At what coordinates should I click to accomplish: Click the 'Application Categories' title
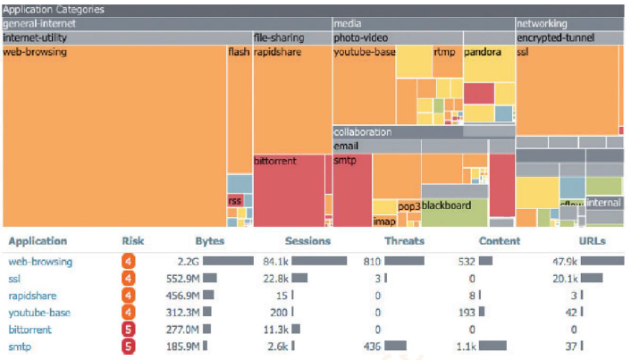point(54,10)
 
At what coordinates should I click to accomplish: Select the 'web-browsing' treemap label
point(35,53)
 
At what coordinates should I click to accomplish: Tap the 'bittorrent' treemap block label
point(275,162)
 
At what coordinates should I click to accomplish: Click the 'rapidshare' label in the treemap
point(277,53)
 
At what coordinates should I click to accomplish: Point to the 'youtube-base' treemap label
point(365,53)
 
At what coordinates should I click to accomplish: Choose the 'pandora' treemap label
point(483,53)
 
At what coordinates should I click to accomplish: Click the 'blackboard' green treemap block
point(446,205)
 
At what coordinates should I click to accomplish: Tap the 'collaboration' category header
point(363,132)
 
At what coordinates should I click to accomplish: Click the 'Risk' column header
point(132,241)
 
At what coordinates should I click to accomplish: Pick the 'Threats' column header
point(404,241)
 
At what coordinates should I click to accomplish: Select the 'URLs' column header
point(592,241)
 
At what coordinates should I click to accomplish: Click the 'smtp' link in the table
point(19,347)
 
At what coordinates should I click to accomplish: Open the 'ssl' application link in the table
point(14,279)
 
